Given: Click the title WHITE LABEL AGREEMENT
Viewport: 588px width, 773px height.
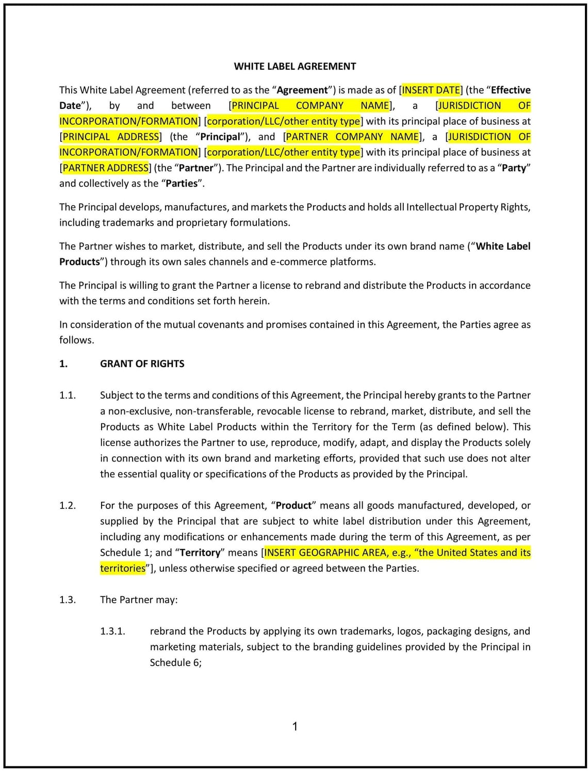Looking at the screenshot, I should point(295,67).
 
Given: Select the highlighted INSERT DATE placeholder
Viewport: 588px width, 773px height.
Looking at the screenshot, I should point(431,90).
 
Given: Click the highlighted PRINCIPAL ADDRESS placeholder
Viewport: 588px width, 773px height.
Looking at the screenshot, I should point(111,137).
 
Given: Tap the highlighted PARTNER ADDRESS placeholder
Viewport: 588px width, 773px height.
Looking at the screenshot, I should point(106,168).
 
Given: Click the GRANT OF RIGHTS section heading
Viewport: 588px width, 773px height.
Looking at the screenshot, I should point(142,364).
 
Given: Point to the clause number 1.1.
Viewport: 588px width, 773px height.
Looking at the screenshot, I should point(68,396).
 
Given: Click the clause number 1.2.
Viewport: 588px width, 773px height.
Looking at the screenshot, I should point(68,506).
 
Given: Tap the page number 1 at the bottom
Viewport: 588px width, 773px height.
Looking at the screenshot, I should point(295,727).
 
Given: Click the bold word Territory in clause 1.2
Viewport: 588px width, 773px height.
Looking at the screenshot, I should point(200,553).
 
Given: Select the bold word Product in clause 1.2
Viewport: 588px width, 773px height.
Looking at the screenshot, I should point(293,506).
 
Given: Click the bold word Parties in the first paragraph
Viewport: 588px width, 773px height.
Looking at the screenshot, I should point(181,184).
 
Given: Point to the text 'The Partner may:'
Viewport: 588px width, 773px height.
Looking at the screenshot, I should point(139,600).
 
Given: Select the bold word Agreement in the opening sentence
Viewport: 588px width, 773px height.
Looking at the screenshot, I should point(302,90).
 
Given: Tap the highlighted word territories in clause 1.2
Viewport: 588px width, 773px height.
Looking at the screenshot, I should point(123,568).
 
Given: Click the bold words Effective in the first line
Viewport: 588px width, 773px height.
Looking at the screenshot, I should point(510,90).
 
